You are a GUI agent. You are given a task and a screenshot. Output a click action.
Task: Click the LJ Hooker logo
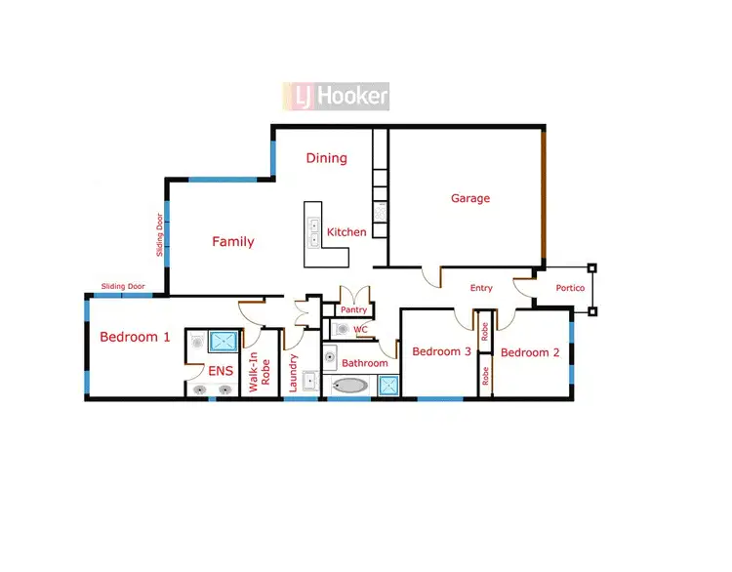point(337,96)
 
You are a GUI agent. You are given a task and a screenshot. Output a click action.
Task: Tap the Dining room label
point(326,158)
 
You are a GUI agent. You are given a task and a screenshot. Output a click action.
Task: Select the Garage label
point(469,198)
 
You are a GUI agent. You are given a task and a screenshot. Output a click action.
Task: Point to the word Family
point(233,241)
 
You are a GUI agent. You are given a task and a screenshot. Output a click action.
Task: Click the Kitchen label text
point(346,232)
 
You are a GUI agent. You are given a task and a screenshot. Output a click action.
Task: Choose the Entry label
point(481,288)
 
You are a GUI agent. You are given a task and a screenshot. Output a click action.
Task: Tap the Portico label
point(570,288)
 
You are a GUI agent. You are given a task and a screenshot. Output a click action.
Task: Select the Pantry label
point(353,310)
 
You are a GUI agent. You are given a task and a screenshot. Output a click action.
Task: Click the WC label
point(360,330)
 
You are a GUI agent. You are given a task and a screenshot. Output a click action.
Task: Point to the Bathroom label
point(364,363)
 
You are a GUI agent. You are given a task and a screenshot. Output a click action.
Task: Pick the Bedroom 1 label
point(135,337)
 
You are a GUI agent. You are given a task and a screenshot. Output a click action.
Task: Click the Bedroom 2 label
point(530,352)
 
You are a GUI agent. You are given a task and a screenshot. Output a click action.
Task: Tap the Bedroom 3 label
point(441,352)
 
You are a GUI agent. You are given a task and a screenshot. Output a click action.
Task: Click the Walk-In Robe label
point(259,371)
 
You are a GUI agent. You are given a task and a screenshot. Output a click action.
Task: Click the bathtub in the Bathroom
point(350,386)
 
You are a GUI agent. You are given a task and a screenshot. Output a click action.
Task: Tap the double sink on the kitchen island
point(314,230)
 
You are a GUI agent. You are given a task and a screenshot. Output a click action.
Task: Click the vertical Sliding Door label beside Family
point(160,235)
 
